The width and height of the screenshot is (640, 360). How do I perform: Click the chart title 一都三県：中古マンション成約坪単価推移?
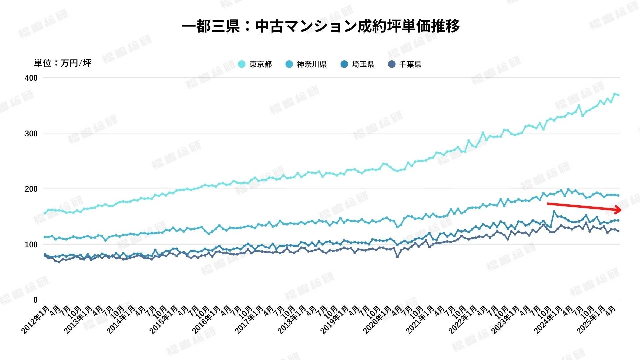[x=321, y=26]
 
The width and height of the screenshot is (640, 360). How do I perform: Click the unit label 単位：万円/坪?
[x=63, y=63]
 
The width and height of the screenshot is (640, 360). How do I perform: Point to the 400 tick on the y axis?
[x=31, y=78]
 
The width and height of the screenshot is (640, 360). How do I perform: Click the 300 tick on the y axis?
[x=31, y=134]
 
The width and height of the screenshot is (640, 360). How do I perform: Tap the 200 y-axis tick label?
[x=31, y=189]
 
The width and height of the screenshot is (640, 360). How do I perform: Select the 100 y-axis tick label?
[x=31, y=245]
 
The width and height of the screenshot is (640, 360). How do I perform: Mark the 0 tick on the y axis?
[x=35, y=300]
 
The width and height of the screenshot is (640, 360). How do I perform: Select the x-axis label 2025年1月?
[x=591, y=319]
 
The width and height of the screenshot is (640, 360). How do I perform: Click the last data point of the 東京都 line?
[x=618, y=95]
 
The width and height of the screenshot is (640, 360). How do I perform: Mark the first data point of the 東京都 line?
[x=45, y=213]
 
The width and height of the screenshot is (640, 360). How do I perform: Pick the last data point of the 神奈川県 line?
[x=618, y=195]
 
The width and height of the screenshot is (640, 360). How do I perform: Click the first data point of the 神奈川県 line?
[x=45, y=237]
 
